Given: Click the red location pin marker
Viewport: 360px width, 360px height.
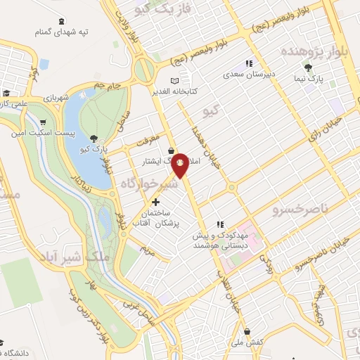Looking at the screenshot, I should pyautogui.click(x=180, y=164).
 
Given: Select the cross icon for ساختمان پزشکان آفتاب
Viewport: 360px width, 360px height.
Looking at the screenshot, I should pyautogui.click(x=155, y=202).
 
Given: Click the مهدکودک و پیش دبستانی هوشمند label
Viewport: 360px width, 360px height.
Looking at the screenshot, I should pyautogui.click(x=220, y=241).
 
